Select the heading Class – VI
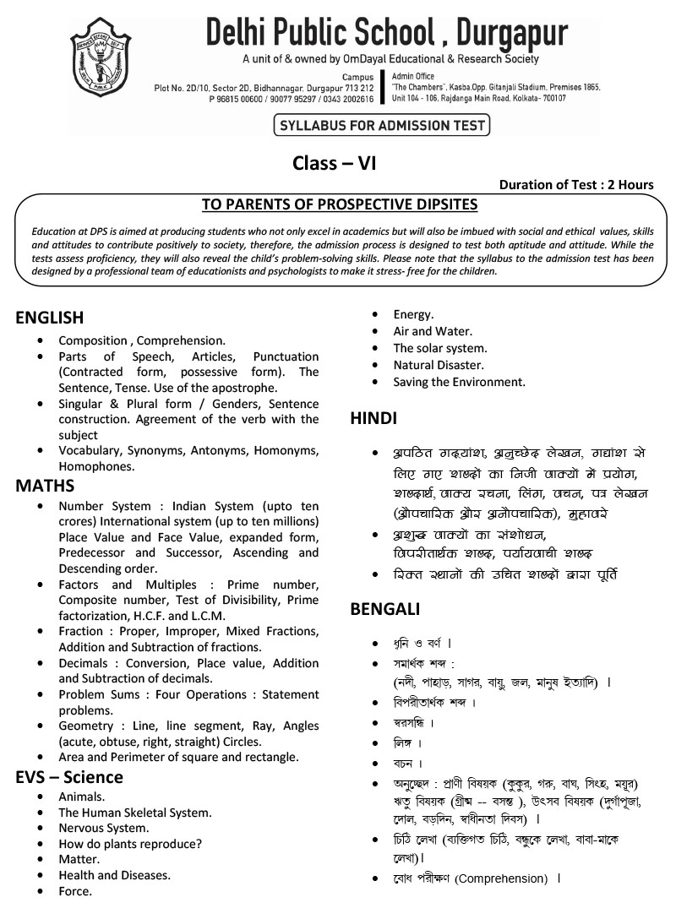[334, 163]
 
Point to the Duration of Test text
[576, 185]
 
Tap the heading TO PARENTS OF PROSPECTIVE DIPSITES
[340, 204]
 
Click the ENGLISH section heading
[50, 318]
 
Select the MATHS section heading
[45, 486]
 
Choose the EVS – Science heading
[69, 777]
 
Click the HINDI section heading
[373, 418]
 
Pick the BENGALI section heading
[384, 609]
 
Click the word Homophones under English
[97, 465]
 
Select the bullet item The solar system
[440, 348]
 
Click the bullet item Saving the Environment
[460, 382]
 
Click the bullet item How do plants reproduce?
[130, 844]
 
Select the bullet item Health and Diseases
[115, 875]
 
